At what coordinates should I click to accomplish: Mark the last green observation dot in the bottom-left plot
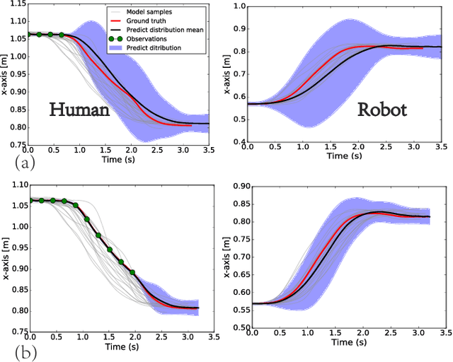tap(132, 271)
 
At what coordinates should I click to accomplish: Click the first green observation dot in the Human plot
tap(28, 33)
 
